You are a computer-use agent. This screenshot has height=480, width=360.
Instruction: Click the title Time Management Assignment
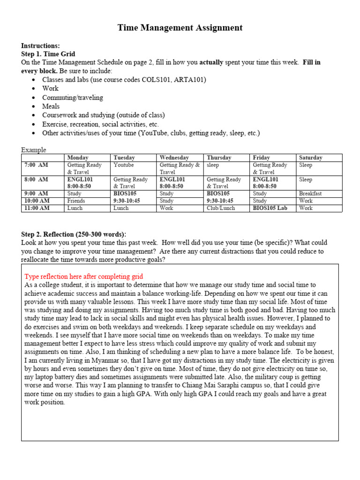(180, 28)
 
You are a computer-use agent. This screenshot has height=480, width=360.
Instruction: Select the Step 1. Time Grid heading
(48, 54)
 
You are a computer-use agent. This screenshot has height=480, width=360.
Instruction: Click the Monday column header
(78, 158)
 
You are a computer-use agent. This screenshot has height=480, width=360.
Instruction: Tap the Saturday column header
(311, 158)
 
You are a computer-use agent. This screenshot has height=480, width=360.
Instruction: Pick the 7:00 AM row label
(36, 165)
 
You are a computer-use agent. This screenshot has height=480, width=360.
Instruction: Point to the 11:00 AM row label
(37, 208)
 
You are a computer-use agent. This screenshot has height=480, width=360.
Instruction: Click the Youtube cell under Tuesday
(123, 165)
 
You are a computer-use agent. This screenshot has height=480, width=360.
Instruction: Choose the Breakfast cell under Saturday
(310, 193)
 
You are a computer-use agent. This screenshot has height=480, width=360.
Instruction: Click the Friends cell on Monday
(76, 201)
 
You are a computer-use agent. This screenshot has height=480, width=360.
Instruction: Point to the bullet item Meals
(51, 106)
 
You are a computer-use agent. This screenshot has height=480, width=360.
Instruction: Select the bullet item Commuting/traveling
(73, 97)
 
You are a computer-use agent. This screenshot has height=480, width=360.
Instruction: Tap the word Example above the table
(34, 150)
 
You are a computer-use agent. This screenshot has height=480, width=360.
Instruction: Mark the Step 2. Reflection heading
(74, 234)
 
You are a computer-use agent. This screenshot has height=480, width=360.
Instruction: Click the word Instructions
(40, 45)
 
